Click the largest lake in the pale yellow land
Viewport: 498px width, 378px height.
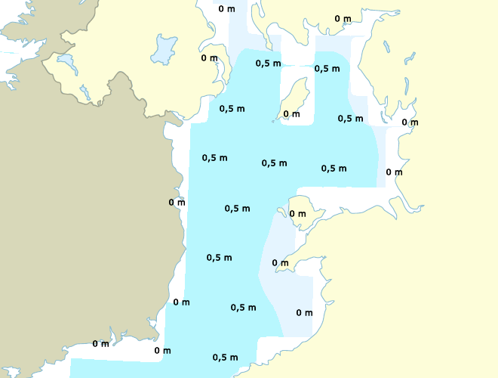162,50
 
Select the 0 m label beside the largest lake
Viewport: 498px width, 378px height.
209,58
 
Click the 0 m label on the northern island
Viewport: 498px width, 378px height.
291,114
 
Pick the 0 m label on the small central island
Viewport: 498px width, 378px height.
298,213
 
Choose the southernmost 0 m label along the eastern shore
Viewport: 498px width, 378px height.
304,312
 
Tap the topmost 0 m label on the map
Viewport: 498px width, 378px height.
226,9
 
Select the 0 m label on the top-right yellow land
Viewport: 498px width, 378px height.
343,19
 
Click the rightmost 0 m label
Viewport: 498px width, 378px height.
410,122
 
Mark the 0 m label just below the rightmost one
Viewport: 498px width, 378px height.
394,172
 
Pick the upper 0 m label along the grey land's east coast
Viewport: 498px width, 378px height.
177,202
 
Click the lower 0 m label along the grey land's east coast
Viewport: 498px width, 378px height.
181,302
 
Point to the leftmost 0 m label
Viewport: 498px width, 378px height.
100,344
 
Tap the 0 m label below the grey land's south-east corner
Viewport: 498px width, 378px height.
162,350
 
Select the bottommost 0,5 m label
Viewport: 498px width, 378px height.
226,357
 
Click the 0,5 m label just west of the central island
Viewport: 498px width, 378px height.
237,208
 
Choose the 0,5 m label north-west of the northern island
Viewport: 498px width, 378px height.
269,63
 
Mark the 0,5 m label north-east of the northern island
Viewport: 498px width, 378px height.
327,68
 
